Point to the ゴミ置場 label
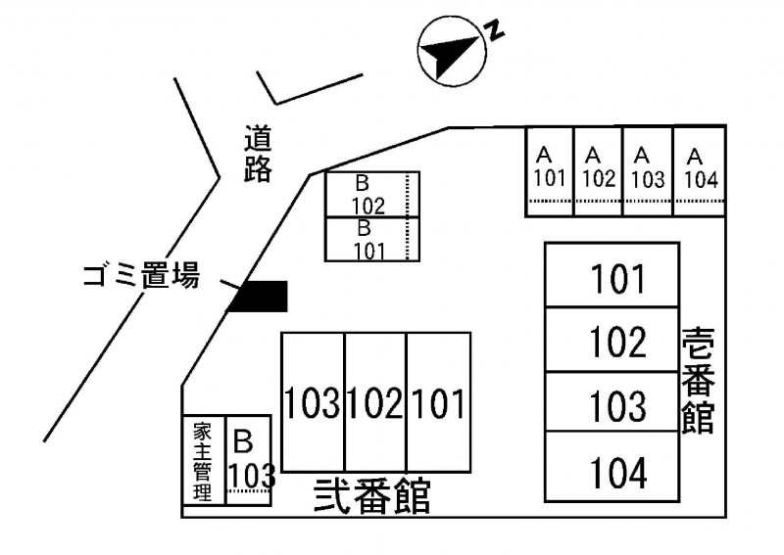pos(140,277)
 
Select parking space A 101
pos(550,169)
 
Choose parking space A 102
pos(598,169)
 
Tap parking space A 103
pos(647,169)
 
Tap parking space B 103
pos(249,461)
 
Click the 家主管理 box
pos(203,461)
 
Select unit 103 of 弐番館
pos(313,402)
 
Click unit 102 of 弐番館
pos(375,402)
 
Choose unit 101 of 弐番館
pos(438,402)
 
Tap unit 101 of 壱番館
pos(612,278)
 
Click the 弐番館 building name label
pos(372,496)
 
